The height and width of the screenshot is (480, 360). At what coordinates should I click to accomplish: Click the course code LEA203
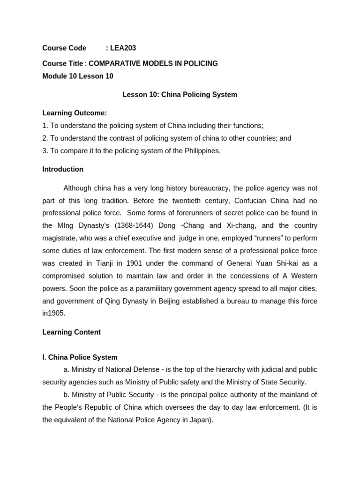123,48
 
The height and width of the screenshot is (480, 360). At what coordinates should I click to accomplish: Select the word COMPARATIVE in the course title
112,63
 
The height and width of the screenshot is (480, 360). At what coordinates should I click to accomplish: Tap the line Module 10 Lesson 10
78,76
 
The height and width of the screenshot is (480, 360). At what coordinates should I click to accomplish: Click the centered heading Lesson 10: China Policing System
180,95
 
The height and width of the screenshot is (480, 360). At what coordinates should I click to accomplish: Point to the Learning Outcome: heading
75,113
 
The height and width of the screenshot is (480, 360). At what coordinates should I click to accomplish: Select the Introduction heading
63,169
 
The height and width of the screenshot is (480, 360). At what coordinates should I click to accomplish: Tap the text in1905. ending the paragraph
54,313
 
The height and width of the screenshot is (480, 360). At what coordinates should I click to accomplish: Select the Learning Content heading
71,332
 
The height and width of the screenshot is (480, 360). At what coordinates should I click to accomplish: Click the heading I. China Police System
80,357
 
